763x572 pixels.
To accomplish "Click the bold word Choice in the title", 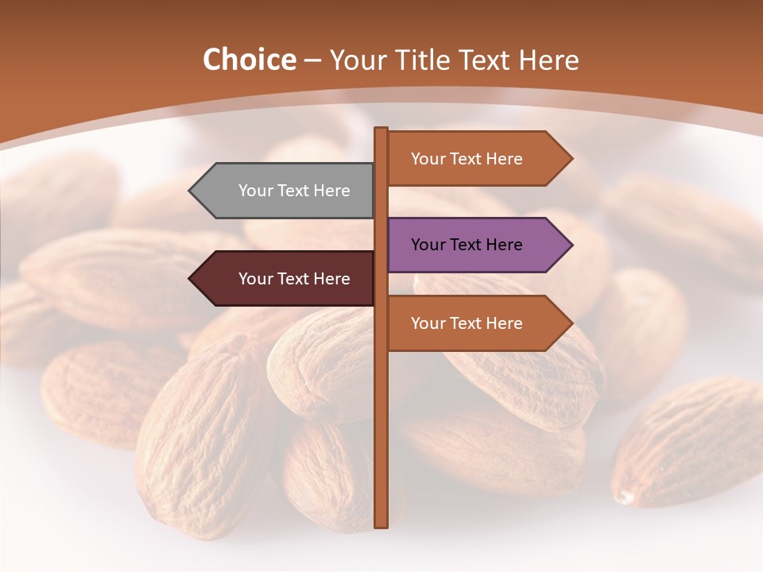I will point(249,60).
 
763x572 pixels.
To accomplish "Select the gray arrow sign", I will point(286,191).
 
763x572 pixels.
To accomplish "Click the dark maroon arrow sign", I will point(286,279).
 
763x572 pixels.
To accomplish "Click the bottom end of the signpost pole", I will point(381,525).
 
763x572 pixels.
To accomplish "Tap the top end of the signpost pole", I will point(381,129).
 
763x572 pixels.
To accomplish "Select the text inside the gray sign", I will point(294,191).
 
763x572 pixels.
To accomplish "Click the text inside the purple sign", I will point(467,245).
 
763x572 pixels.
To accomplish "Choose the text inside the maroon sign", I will point(294,279).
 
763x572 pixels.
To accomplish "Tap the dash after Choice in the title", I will point(312,61).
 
